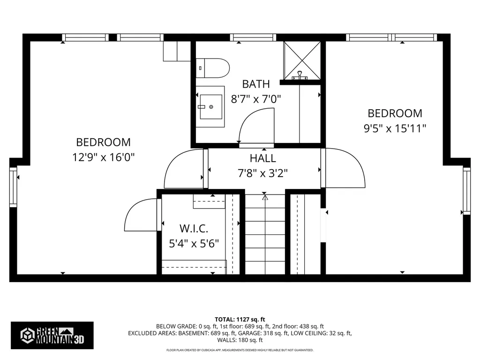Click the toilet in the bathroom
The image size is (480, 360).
pyautogui.click(x=213, y=67)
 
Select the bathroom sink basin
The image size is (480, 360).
pyautogui.click(x=210, y=106)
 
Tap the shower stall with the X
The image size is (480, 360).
pyautogui.click(x=302, y=60)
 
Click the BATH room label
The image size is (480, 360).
pyautogui.click(x=256, y=84)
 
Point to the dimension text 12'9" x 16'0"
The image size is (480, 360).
pyautogui.click(x=104, y=157)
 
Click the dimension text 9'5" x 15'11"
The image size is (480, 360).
pyautogui.click(x=395, y=128)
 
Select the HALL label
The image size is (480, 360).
pyautogui.click(x=263, y=158)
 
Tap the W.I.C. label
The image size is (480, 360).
pyautogui.click(x=194, y=229)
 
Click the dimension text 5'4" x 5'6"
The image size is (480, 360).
pyautogui.click(x=194, y=244)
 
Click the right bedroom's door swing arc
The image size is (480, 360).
pyautogui.click(x=345, y=168)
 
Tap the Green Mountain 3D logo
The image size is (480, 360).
pyautogui.click(x=52, y=335)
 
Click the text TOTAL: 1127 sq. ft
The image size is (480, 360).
pyautogui.click(x=240, y=319)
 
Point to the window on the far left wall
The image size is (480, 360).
pyautogui.click(x=13, y=186)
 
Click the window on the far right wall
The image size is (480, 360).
pyautogui.click(x=466, y=190)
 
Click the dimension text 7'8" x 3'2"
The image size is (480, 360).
pyautogui.click(x=262, y=173)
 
